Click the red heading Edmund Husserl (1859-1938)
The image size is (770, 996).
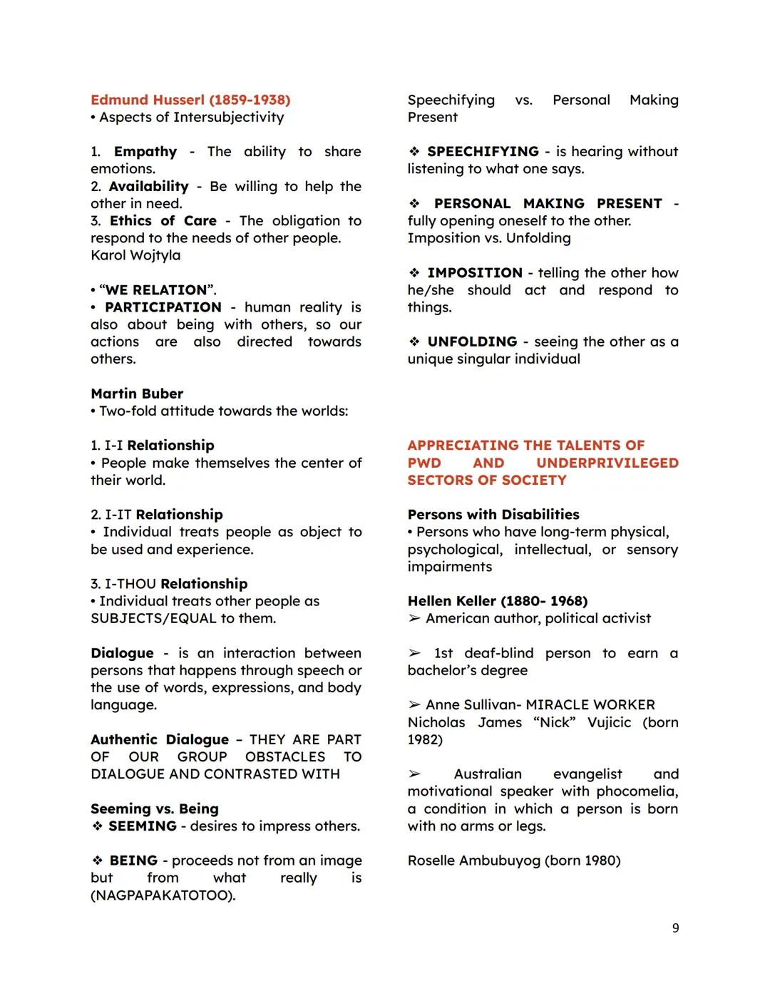pos(190,100)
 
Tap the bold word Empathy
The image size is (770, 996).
pos(145,152)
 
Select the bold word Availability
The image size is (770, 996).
pos(148,187)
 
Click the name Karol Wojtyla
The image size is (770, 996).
pos(135,255)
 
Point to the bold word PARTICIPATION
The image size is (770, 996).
pos(163,307)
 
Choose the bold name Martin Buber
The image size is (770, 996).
pos(137,394)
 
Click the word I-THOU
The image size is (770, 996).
pos(130,584)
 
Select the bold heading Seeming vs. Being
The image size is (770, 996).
pos(155,809)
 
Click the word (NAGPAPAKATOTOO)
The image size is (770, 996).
pos(163,895)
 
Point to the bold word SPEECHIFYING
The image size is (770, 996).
pos(483,152)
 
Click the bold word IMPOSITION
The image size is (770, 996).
pos(475,273)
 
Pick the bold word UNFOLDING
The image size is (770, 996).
pos(472,342)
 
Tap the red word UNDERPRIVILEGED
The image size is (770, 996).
pos(607,463)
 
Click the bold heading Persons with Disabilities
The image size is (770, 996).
pos(493,515)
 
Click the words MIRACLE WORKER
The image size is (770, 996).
pos(590,705)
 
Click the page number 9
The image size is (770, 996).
pos(675,928)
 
